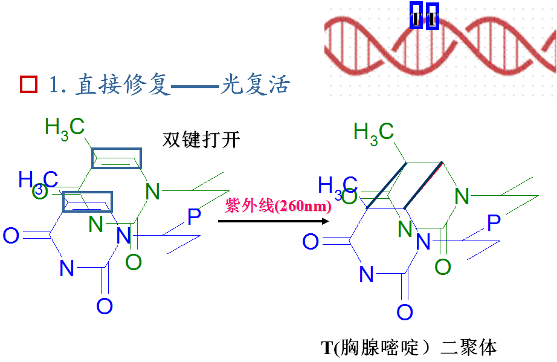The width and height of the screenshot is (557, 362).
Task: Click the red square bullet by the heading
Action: [x=28, y=85]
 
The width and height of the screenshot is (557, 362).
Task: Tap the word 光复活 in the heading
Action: [x=254, y=85]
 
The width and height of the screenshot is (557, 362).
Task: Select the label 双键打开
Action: [x=201, y=140]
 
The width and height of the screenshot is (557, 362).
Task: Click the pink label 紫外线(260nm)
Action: [x=278, y=205]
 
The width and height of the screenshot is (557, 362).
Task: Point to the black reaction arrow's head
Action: [x=326, y=221]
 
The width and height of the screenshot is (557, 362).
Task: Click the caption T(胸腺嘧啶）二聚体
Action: [x=410, y=347]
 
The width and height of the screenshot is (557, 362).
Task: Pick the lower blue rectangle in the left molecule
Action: [x=88, y=202]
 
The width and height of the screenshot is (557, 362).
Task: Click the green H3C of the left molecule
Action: [x=65, y=127]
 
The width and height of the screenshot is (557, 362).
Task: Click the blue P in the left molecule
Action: [x=194, y=217]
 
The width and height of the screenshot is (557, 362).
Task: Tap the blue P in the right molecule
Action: [x=494, y=223]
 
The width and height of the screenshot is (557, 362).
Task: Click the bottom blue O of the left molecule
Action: [x=105, y=306]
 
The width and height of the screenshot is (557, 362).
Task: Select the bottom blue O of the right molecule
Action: [x=404, y=312]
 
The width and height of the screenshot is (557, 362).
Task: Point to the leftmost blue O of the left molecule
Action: [x=11, y=235]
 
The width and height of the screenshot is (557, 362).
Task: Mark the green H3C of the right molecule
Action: [x=373, y=131]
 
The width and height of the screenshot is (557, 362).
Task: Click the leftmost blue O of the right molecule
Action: [x=311, y=242]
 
